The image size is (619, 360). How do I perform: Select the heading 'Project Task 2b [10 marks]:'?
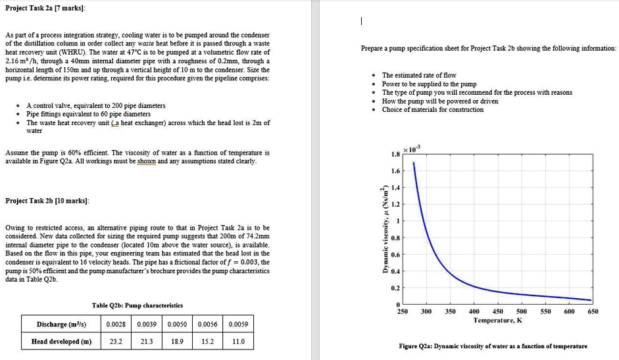pos(47,200)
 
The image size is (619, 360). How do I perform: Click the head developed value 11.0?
pos(238,342)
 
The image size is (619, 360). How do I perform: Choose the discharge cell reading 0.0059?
pos(238,324)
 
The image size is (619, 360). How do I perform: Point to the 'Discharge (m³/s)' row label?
pos(61,324)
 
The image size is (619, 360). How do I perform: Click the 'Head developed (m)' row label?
pos(61,342)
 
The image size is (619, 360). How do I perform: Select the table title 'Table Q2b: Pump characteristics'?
pos(138,305)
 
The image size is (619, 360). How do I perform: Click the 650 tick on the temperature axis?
pos(593,311)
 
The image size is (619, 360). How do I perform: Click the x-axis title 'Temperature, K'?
pos(498,320)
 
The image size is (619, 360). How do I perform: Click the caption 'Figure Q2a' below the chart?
pos(493,346)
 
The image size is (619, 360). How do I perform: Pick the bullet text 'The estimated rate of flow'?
pos(419,76)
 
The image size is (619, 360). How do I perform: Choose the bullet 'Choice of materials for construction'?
pos(433,110)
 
